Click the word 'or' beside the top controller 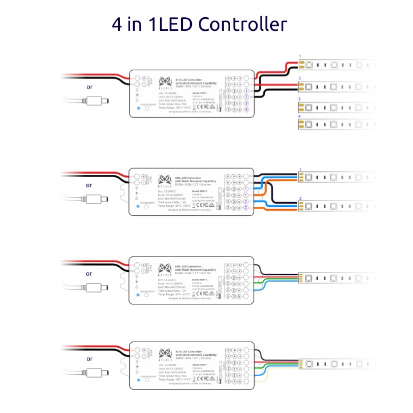89,87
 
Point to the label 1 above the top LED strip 300,56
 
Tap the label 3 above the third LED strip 300,99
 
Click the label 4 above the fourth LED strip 300,117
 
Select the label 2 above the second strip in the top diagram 300,78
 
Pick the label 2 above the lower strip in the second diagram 300,198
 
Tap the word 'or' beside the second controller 89,185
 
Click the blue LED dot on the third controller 139,295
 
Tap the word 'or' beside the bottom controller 89,359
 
